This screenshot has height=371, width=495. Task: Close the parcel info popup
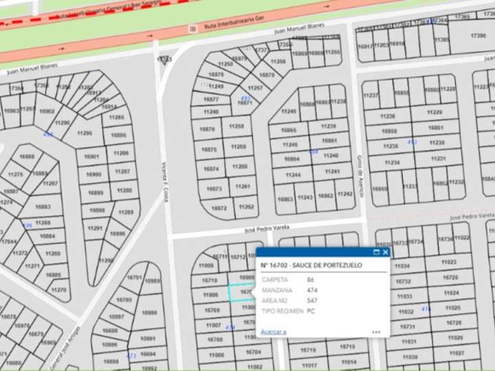(x=386, y=252)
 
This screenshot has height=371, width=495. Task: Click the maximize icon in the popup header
(x=376, y=252)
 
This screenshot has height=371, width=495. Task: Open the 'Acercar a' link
(x=273, y=332)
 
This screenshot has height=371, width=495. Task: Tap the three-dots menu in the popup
(x=376, y=332)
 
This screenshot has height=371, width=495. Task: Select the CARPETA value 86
(x=311, y=280)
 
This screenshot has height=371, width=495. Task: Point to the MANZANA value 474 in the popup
(x=312, y=290)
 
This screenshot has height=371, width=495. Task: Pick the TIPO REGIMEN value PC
(x=311, y=311)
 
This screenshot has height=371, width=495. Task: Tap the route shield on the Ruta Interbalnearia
(x=193, y=28)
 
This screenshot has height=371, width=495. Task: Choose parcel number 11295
(x=85, y=133)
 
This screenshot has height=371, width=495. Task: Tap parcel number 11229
(x=434, y=112)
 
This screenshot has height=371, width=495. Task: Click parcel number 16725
(x=450, y=278)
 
